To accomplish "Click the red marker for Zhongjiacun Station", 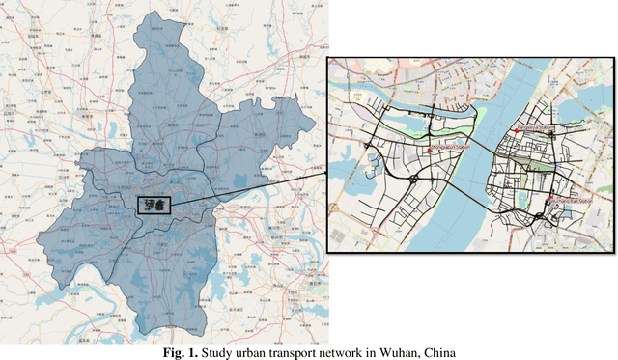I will (x=430, y=151).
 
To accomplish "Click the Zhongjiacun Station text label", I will (x=451, y=148).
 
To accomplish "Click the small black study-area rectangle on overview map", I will (x=153, y=205).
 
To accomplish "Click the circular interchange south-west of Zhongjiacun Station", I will (x=413, y=179).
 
